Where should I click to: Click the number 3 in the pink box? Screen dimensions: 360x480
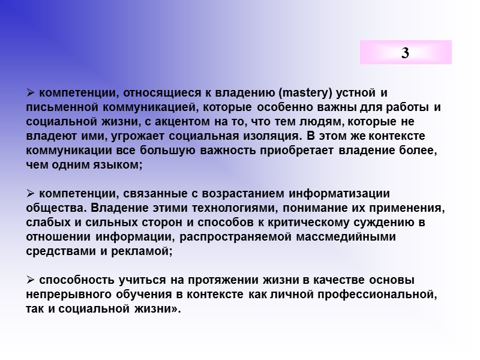[406, 53]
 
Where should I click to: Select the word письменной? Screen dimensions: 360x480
[58, 107]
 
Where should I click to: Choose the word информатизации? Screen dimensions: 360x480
[340, 194]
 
